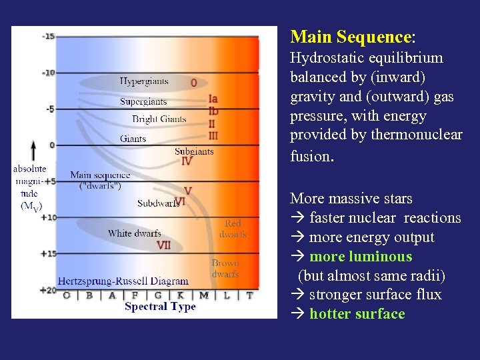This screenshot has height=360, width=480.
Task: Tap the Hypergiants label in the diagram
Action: coord(144,81)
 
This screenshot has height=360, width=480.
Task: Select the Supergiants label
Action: coord(143,102)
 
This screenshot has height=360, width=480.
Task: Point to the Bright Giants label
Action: coord(159,119)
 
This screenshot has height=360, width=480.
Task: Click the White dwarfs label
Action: coord(134,233)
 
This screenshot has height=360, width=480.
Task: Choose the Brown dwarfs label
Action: coord(225,269)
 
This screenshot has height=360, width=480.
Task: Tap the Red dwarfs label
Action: coord(233,229)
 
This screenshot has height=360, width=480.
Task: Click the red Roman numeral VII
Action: coord(164,245)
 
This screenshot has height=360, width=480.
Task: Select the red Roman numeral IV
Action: coord(187,161)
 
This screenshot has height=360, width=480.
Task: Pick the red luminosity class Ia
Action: coord(213,99)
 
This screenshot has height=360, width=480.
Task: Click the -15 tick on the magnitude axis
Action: coord(48,36)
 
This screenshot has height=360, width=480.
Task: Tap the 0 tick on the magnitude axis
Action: coord(51,145)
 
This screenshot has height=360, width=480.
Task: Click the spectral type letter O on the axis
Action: coord(66,295)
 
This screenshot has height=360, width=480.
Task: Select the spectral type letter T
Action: coord(249,295)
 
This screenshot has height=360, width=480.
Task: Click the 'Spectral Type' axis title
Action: coord(160,307)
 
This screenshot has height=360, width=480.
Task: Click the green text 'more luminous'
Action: coord(361,257)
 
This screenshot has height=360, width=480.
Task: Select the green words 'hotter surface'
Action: coord(357,314)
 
